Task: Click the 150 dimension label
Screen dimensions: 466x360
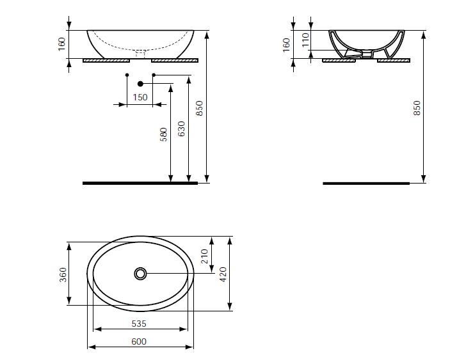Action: (140, 97)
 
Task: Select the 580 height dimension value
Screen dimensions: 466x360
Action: (164, 134)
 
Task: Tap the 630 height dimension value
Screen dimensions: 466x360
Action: (181, 129)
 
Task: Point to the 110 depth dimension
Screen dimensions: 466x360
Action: (305, 40)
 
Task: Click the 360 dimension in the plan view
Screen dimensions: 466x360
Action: (63, 274)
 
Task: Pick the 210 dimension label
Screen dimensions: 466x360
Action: (205, 256)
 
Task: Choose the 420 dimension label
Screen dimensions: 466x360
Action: (223, 274)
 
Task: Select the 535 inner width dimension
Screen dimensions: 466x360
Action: (139, 324)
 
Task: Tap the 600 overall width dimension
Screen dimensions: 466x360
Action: (139, 341)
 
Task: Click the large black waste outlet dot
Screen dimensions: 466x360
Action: (140, 84)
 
